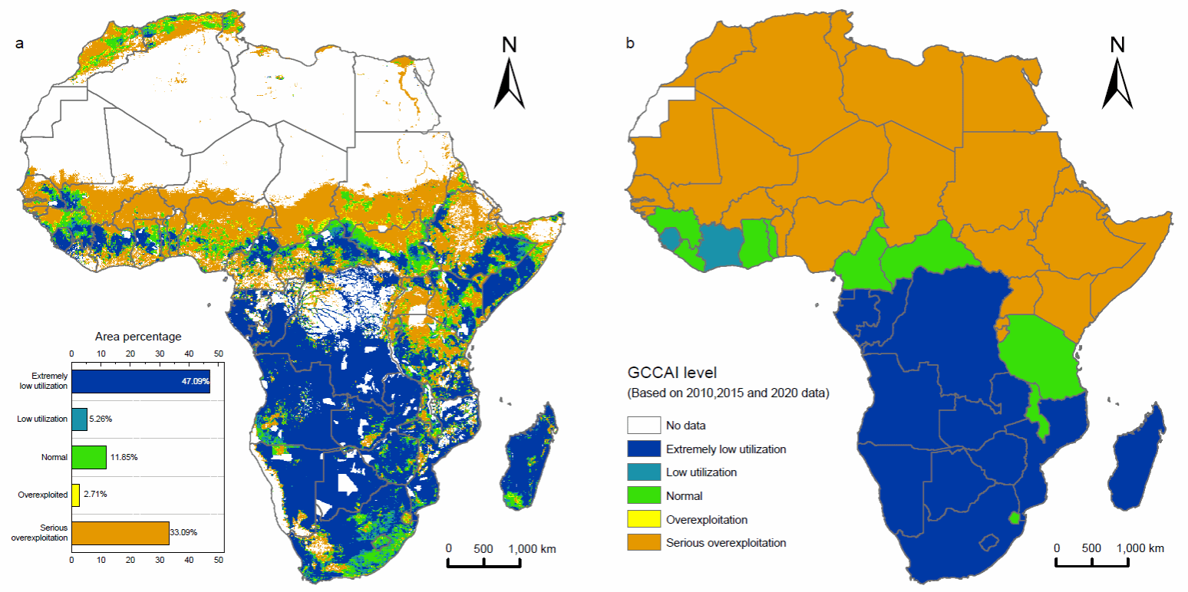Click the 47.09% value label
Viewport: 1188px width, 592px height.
click(195, 382)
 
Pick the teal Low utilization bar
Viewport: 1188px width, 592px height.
click(79, 419)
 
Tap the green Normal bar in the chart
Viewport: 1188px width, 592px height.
click(88, 457)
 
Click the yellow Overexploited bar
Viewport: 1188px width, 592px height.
click(75, 495)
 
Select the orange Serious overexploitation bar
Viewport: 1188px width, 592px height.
click(120, 533)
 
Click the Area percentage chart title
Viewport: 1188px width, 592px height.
click(138, 337)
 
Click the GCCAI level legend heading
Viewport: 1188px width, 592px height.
click(672, 373)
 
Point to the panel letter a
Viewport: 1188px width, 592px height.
click(19, 44)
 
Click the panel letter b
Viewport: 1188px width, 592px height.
click(630, 44)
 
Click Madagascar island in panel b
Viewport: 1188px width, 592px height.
click(1139, 460)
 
